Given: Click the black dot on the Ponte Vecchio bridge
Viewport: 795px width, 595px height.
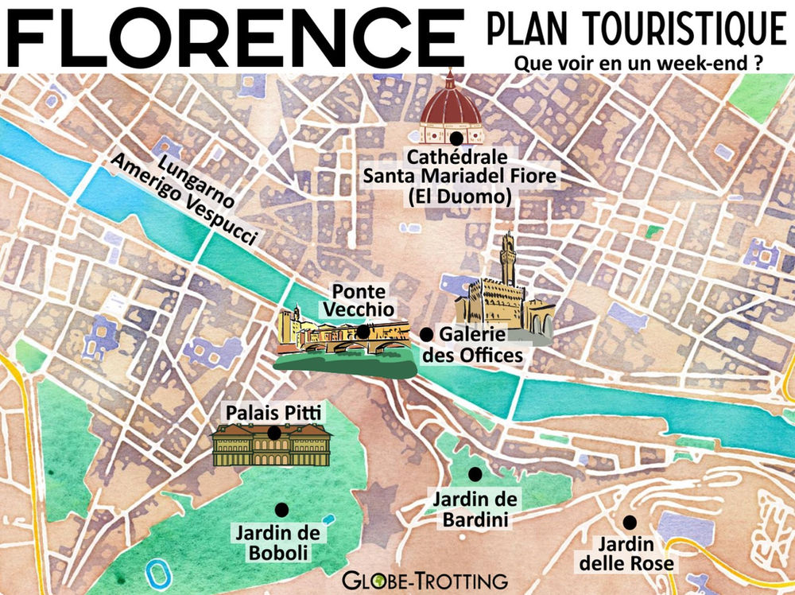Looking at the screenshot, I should [x=363, y=331].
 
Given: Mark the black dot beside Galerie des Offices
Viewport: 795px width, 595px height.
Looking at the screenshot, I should [x=426, y=334].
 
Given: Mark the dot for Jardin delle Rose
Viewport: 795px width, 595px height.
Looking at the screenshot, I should [x=630, y=522].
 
